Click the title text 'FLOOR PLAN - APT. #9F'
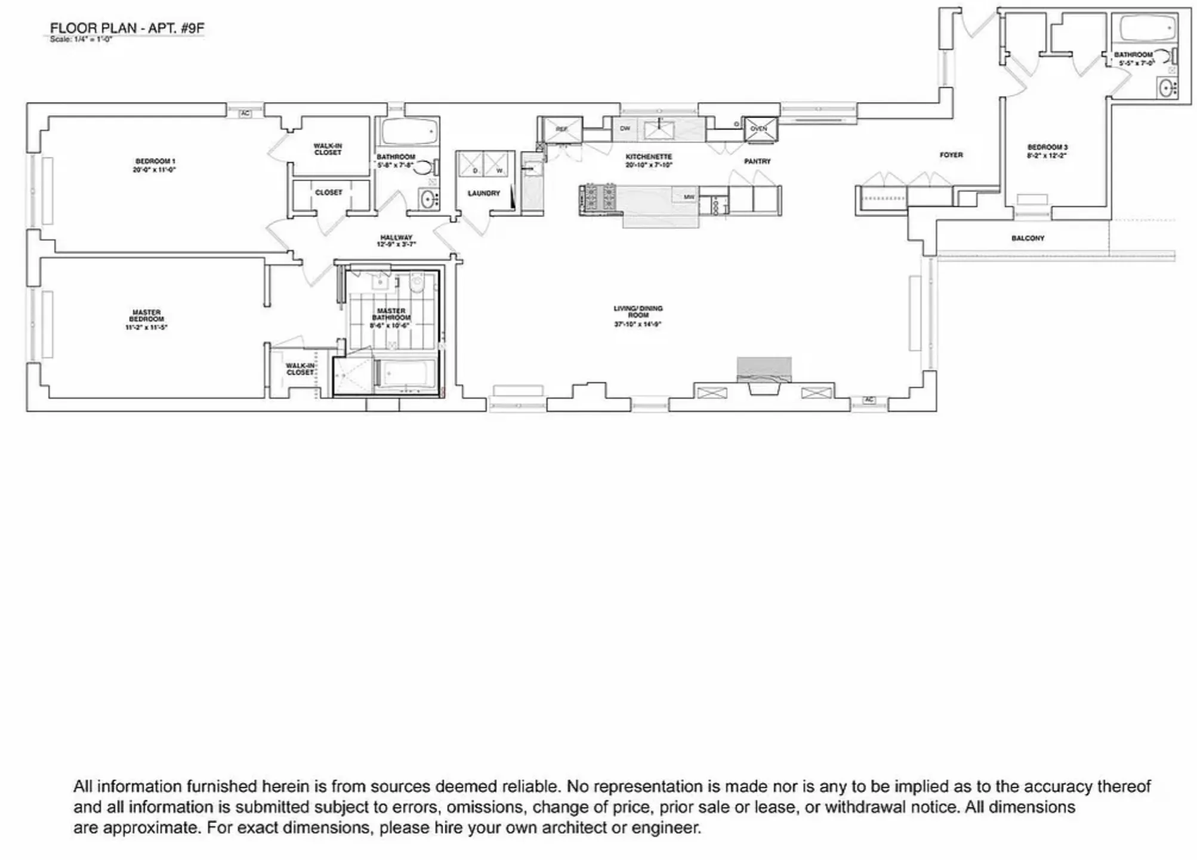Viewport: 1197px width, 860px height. click(x=127, y=28)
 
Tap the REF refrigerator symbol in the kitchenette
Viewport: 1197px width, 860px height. click(x=561, y=129)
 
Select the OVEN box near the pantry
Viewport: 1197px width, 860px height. click(x=760, y=129)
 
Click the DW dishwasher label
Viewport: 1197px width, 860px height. click(x=625, y=129)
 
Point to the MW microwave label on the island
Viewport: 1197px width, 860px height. click(x=689, y=197)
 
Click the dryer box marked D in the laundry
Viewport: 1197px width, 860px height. click(x=470, y=165)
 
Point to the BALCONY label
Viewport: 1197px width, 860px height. click(x=1028, y=239)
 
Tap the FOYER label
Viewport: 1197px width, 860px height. click(x=951, y=155)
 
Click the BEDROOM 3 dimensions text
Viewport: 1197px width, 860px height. click(x=1047, y=156)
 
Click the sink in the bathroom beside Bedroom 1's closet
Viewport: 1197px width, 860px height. click(x=428, y=199)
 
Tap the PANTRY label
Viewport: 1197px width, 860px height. click(x=757, y=162)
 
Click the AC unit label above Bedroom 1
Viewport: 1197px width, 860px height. click(x=245, y=113)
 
